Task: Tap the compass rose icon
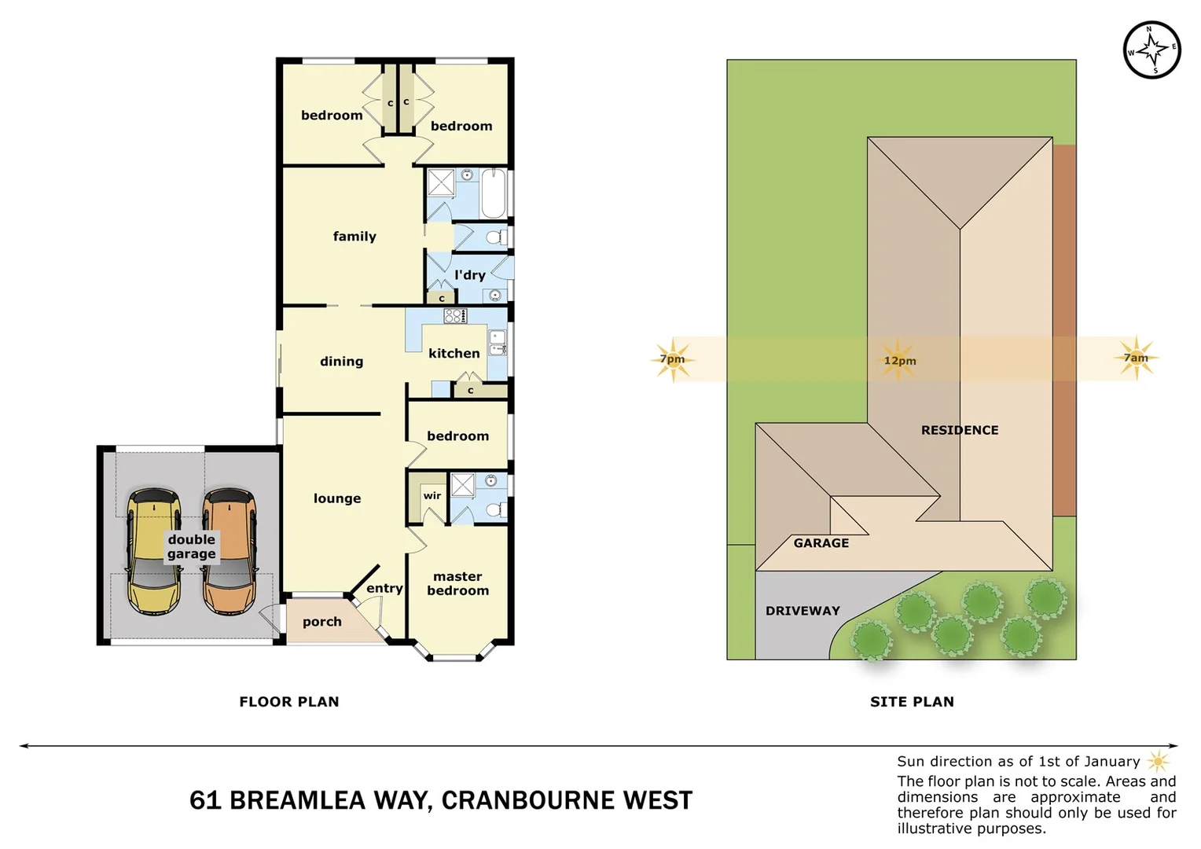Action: click(x=1151, y=50)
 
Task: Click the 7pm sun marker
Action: click(x=673, y=359)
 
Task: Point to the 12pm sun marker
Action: click(x=899, y=360)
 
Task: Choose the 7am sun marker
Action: click(x=1136, y=358)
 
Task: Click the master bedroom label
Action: click(x=457, y=583)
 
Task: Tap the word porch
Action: click(x=322, y=622)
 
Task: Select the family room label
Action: click(x=354, y=236)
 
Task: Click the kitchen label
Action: click(x=454, y=354)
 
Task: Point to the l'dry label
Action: click(x=470, y=275)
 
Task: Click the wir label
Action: click(x=432, y=495)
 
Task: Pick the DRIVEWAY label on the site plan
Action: click(x=803, y=611)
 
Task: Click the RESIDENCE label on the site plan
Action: click(x=960, y=430)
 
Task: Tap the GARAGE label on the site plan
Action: click(x=821, y=543)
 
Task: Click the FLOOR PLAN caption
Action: click(x=289, y=702)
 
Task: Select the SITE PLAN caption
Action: click(x=912, y=702)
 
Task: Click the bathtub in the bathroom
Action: click(x=494, y=193)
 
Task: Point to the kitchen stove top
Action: click(x=455, y=316)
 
